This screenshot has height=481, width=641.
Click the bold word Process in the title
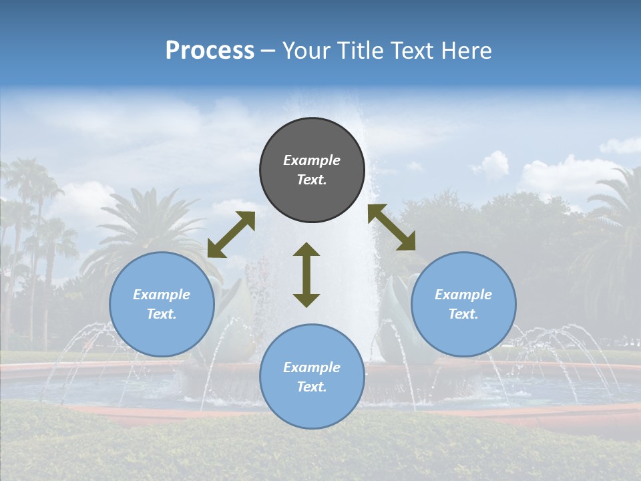pyautogui.click(x=210, y=51)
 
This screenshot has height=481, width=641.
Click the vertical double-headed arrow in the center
pyautogui.click(x=306, y=275)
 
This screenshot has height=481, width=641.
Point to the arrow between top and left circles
pyautogui.click(x=231, y=234)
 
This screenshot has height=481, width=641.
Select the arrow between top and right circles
pyautogui.click(x=391, y=227)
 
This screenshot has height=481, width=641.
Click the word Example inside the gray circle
pyautogui.click(x=312, y=160)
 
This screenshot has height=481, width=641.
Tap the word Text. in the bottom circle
pyautogui.click(x=312, y=387)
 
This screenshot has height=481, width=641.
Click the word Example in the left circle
pyautogui.click(x=162, y=295)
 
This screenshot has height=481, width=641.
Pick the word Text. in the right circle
pyautogui.click(x=463, y=314)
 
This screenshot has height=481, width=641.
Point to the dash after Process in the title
pyautogui.click(x=268, y=51)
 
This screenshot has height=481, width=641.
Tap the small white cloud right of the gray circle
pyautogui.click(x=492, y=164)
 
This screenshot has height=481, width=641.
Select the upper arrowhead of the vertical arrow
pyautogui.click(x=306, y=250)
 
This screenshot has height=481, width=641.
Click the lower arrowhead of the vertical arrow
pyautogui.click(x=306, y=300)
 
